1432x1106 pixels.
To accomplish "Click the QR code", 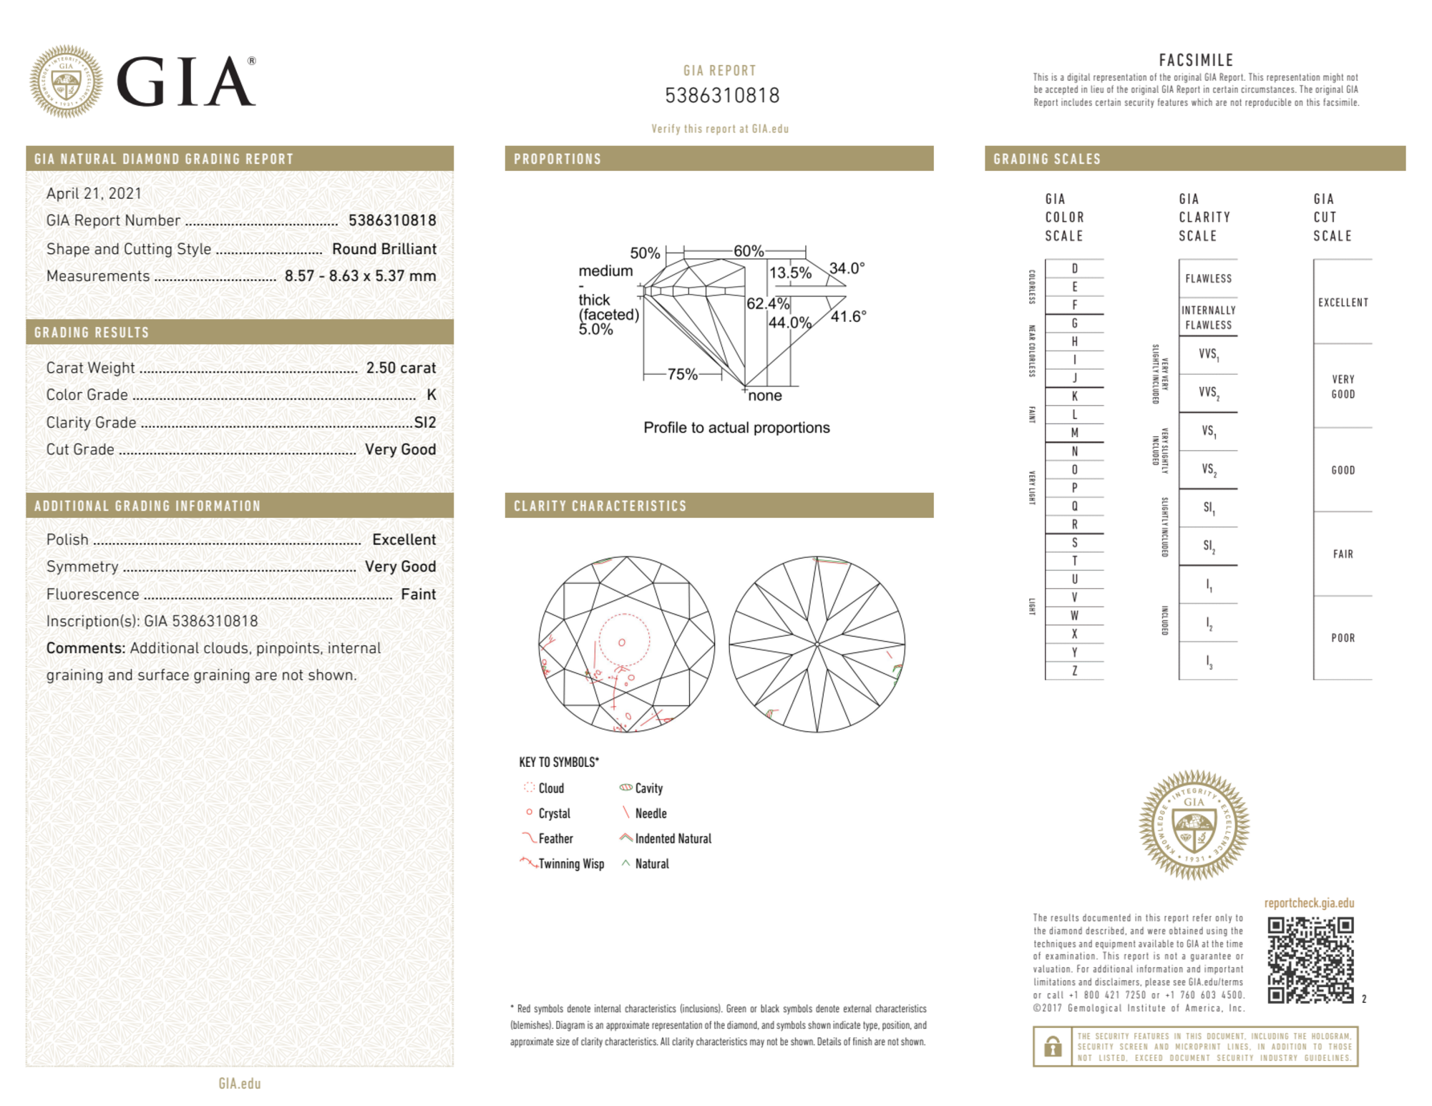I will (1310, 960).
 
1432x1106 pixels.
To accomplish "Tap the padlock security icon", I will (1052, 1046).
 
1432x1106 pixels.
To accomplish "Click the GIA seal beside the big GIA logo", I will (66, 82).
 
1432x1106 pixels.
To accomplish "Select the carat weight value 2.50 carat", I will (401, 368).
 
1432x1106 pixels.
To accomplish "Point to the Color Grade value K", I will (431, 395).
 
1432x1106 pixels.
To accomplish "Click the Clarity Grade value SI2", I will (424, 422).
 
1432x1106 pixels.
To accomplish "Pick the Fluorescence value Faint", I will (418, 594).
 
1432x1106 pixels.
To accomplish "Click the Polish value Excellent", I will (404, 539).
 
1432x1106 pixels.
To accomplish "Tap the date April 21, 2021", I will (94, 193).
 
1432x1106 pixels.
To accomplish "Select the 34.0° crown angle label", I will (847, 268).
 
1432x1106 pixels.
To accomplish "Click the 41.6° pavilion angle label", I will (848, 316).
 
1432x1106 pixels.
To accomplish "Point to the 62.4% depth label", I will (767, 303).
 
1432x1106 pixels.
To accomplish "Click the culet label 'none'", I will (764, 396).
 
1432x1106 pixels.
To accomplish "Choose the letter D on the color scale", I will (1074, 268).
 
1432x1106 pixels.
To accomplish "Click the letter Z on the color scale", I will (1074, 670).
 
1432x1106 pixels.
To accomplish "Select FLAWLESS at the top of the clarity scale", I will (1208, 278).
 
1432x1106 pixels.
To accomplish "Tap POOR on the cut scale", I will (1343, 637).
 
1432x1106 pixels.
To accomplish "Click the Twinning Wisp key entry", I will (570, 863).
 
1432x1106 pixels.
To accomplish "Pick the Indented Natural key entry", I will (673, 838).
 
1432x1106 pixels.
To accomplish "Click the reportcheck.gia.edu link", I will (1309, 903).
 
